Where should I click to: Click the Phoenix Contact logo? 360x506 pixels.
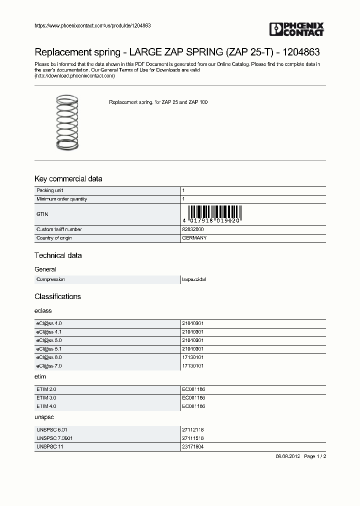click(296, 29)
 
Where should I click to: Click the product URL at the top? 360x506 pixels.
click(92, 25)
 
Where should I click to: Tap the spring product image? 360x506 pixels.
click(67, 122)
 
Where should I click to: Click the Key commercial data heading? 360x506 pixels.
click(68, 179)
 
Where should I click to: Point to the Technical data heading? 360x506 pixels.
click(58, 255)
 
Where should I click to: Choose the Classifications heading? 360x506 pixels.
click(57, 296)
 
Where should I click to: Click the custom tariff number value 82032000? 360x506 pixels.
click(192, 229)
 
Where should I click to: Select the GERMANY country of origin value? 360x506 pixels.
click(194, 238)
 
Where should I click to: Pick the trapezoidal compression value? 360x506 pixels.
click(193, 279)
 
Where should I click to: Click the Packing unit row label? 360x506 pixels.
click(49, 190)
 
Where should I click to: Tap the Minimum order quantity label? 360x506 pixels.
click(61, 199)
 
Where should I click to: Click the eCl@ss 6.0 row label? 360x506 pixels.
click(48, 357)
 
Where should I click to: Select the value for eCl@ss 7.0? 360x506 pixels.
click(192, 366)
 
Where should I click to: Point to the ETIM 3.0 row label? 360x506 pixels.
click(47, 397)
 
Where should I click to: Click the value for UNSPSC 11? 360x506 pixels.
click(192, 446)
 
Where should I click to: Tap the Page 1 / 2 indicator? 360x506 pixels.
click(315, 456)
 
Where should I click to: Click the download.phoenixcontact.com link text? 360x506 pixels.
click(74, 76)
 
